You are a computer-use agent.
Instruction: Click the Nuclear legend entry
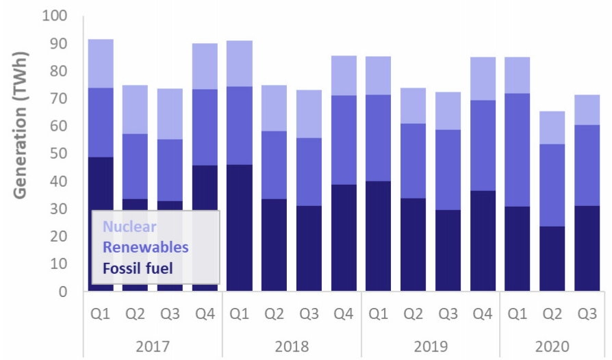[125, 227]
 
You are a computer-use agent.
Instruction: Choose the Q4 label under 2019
[483, 315]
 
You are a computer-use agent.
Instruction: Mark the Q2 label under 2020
[552, 315]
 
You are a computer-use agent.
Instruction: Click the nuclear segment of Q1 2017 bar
[100, 64]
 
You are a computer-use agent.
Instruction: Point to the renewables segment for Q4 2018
[343, 140]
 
